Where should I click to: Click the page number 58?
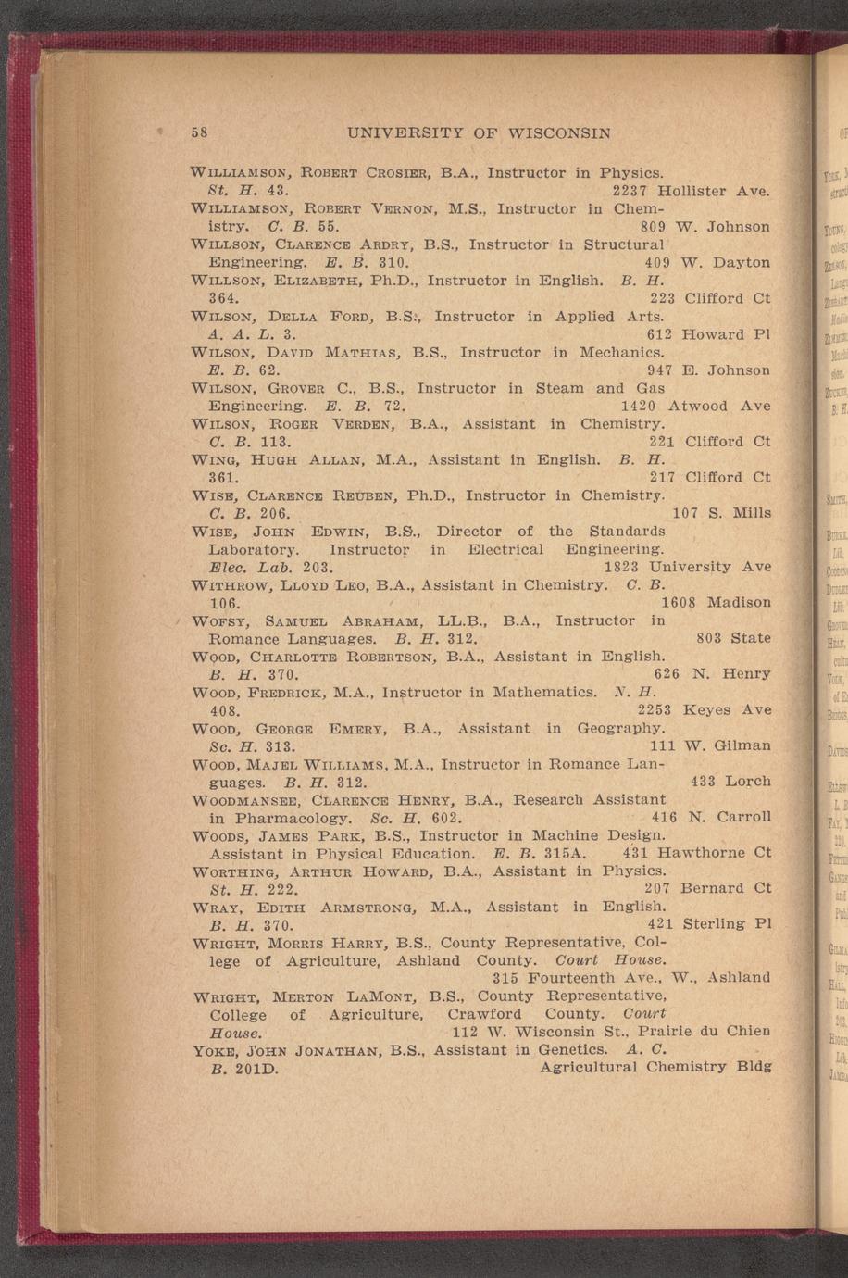tap(199, 132)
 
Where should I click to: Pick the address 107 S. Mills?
tap(721, 512)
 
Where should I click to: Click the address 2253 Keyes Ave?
tap(705, 710)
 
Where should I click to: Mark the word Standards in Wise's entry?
tap(627, 532)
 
